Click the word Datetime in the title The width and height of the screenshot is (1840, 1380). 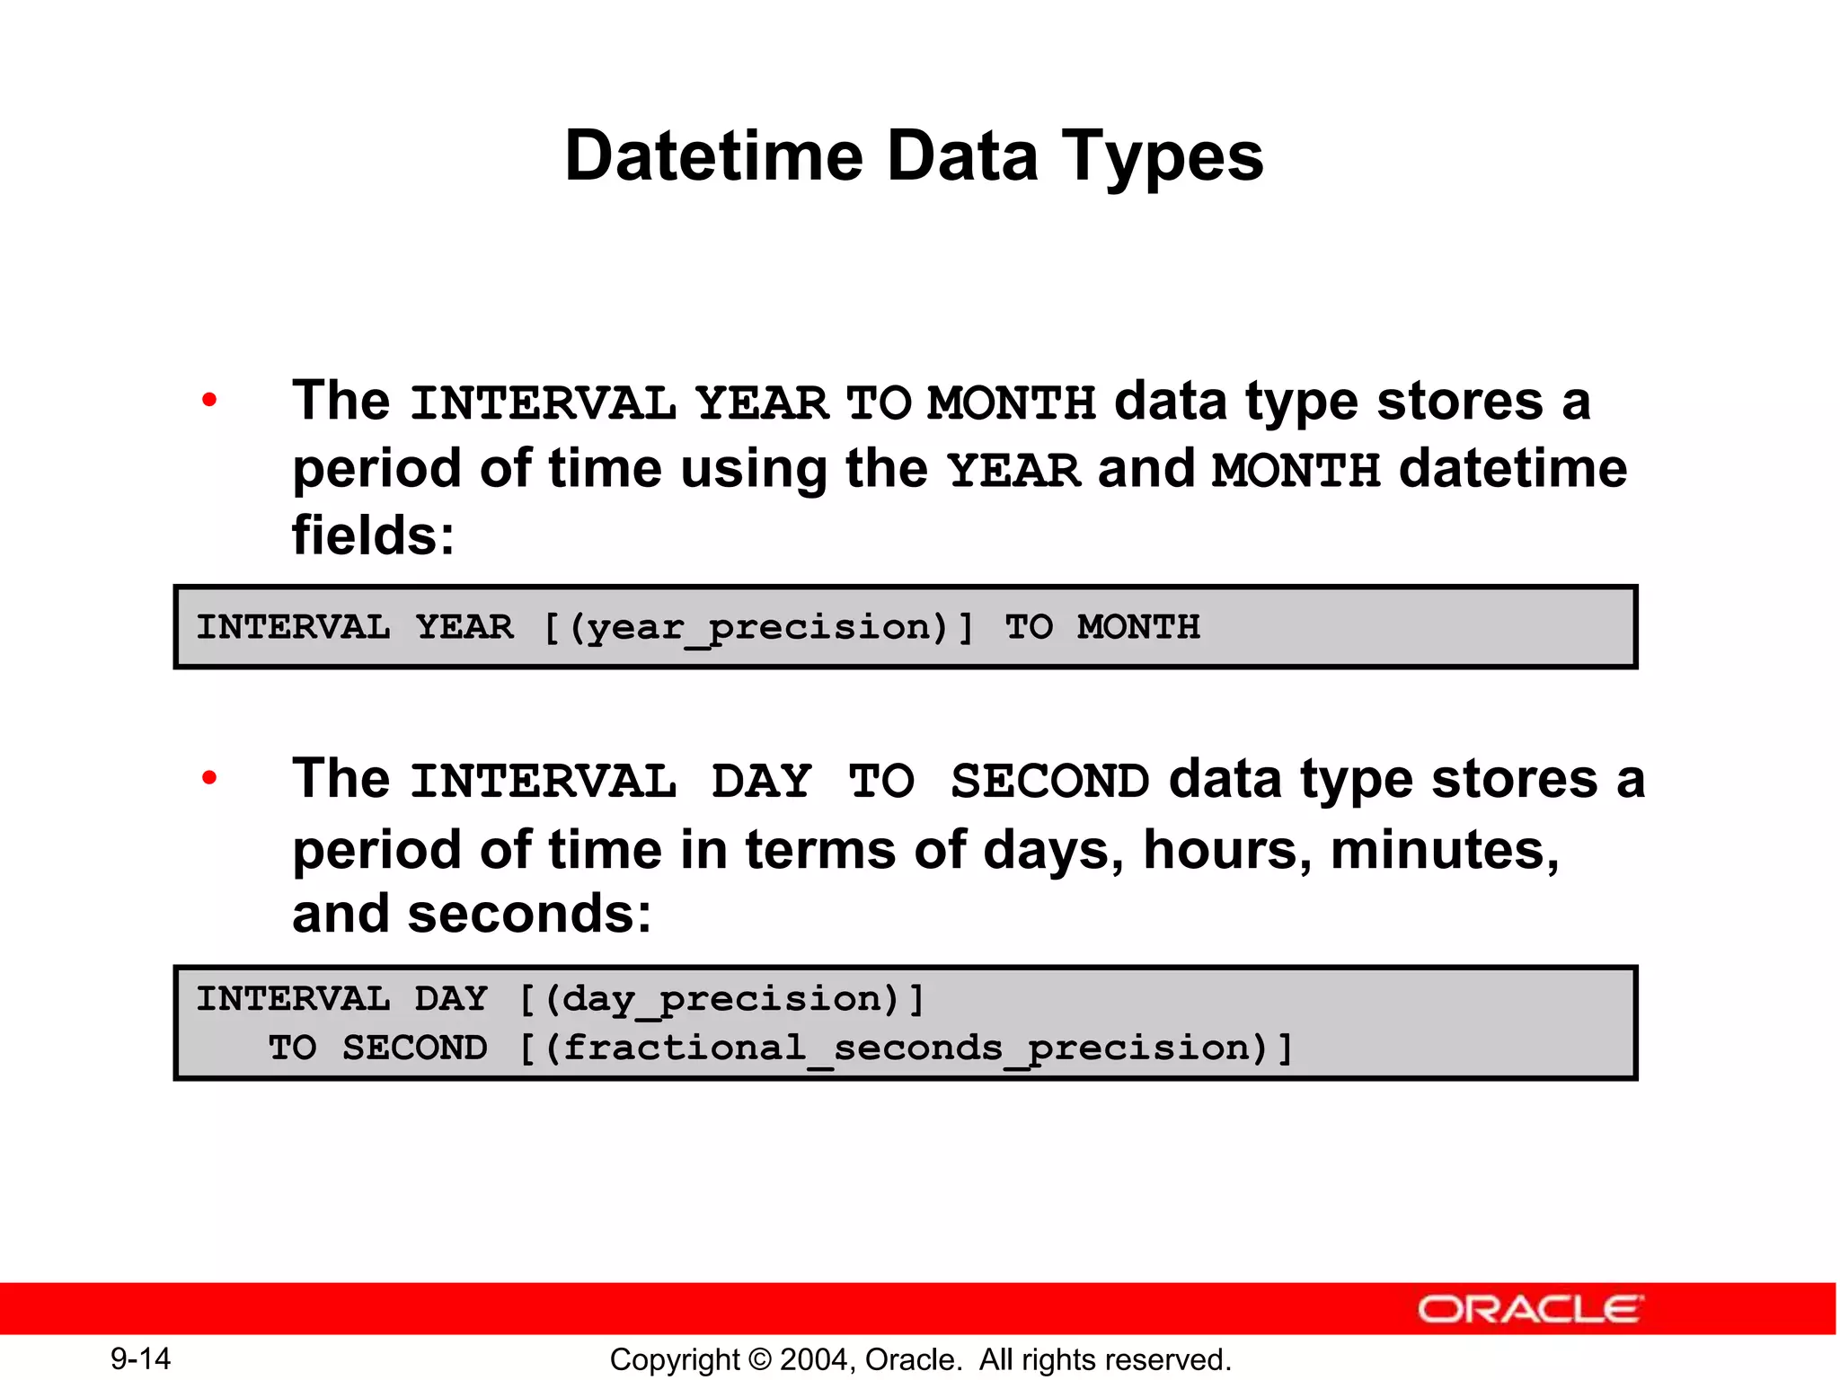pos(713,156)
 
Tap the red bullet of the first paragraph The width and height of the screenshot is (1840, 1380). pos(209,401)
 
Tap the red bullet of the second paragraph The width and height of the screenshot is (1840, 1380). pos(209,778)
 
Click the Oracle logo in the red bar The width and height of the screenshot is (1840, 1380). pos(1530,1309)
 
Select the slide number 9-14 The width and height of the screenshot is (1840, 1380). pos(140,1358)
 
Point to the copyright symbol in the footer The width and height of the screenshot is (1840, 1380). pos(760,1359)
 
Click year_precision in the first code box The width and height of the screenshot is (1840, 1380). pos(759,628)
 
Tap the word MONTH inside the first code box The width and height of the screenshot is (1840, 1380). pos(1138,627)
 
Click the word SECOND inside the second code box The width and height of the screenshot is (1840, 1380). pos(414,1048)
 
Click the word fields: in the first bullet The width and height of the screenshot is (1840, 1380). pos(373,535)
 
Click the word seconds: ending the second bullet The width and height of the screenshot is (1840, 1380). pos(529,914)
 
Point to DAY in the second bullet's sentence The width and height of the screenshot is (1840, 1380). pos(762,781)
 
